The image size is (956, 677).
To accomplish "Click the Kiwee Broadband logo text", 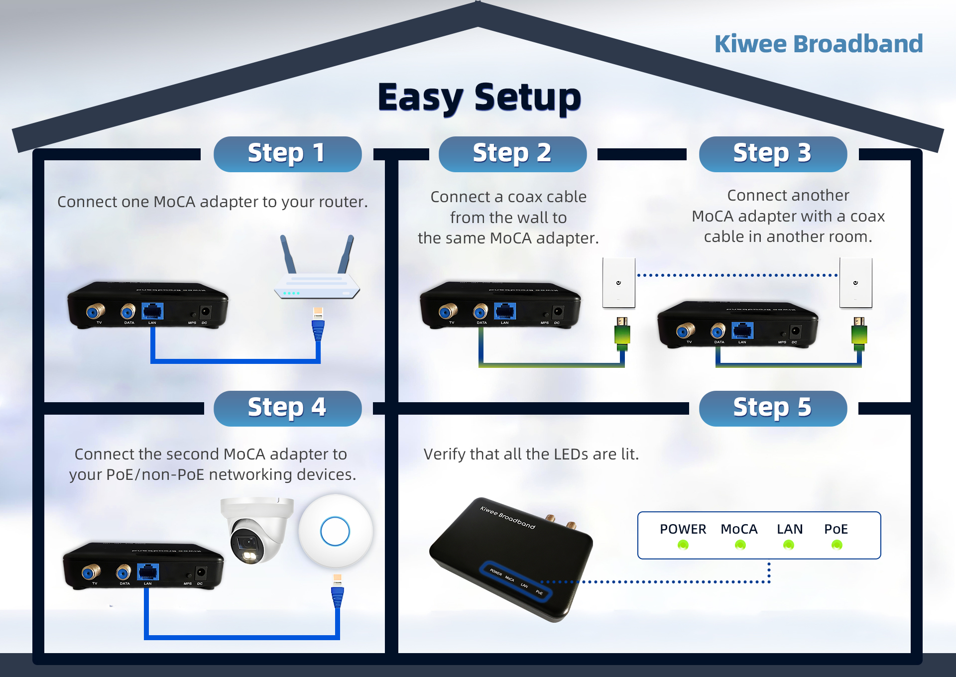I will tap(818, 44).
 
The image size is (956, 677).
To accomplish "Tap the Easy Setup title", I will tap(479, 97).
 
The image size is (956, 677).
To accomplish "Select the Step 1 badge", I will tap(287, 154).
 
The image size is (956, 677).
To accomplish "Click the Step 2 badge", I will tap(512, 154).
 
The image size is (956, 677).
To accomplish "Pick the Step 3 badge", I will tap(773, 154).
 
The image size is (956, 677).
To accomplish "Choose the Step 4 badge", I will tap(287, 408).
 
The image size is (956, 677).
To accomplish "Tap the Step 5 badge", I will tap(773, 408).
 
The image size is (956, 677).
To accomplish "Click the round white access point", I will tap(335, 531).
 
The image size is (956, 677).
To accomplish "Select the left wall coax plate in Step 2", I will tap(618, 283).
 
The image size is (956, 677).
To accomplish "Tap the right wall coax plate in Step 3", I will tap(855, 283).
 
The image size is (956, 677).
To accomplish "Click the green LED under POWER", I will tap(683, 545).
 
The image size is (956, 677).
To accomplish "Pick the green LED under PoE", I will tap(836, 545).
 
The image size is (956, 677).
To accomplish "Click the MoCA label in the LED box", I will tap(739, 529).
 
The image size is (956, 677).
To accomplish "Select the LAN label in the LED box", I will tap(790, 529).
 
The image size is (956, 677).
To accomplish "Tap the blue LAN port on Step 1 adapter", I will tap(152, 312).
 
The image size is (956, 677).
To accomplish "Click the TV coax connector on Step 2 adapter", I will tap(448, 312).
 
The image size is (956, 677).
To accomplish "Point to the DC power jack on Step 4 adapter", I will tap(201, 573).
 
